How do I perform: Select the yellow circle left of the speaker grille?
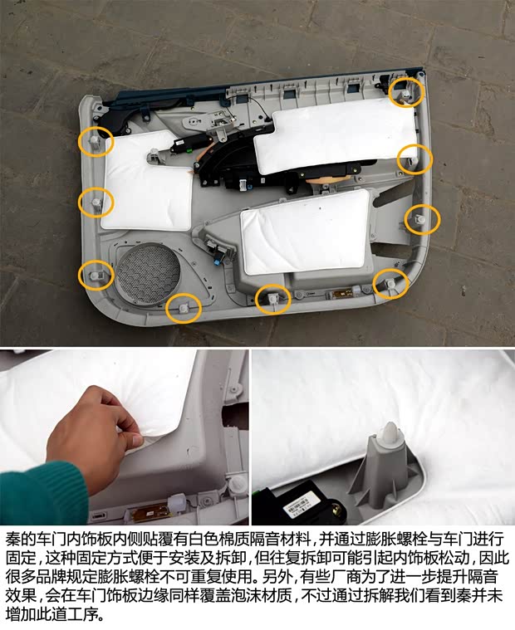(95, 275)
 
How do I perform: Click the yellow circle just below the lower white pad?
(272, 299)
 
